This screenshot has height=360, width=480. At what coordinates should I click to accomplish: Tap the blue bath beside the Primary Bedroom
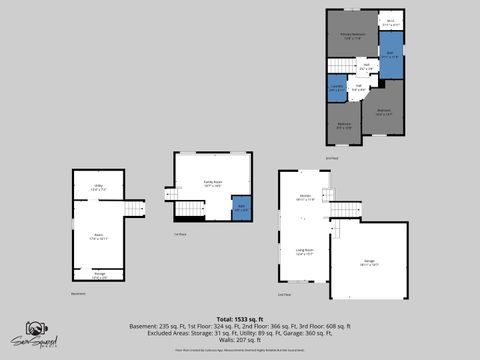point(391,56)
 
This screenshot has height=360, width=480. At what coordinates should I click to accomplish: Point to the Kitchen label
point(306,198)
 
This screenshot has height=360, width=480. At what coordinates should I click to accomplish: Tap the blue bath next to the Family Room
point(241,210)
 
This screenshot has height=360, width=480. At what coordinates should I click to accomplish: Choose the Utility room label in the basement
point(99,187)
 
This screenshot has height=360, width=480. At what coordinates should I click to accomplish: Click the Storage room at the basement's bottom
point(99,275)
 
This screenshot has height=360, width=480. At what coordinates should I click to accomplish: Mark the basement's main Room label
point(98,238)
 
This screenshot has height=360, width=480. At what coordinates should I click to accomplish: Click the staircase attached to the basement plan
point(133,208)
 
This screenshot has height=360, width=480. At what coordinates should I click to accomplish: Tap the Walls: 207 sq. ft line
point(240,341)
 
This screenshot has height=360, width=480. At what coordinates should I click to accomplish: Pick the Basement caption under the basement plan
point(78,294)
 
